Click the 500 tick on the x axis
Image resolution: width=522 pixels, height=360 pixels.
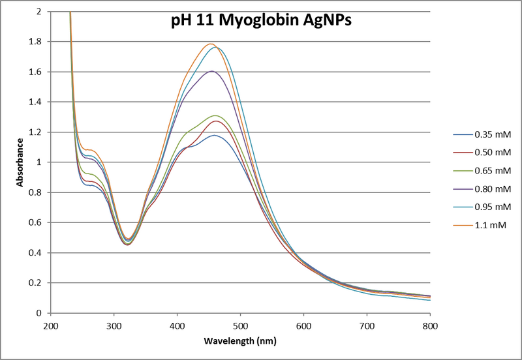(x=240, y=324)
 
